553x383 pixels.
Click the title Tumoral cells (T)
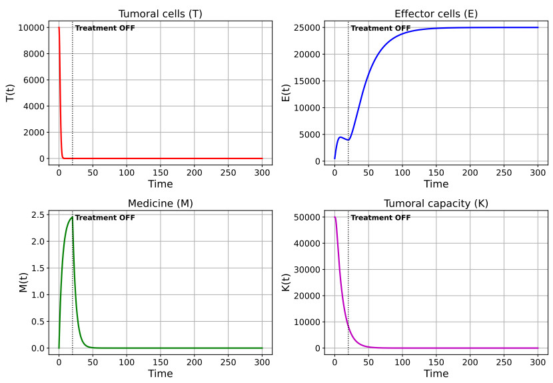(161, 14)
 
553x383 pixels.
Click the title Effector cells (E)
(436, 14)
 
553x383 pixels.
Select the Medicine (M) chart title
(161, 204)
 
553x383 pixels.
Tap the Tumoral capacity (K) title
(436, 204)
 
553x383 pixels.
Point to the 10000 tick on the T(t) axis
(31, 27)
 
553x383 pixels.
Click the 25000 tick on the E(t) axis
(307, 27)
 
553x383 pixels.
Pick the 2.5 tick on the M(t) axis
(38, 214)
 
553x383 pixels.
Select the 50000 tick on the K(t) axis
(307, 217)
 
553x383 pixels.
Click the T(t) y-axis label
(10, 93)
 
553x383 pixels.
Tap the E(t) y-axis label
(286, 93)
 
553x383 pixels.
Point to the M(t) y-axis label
(23, 282)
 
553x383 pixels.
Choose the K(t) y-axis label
(286, 282)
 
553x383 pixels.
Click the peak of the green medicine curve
(73, 216)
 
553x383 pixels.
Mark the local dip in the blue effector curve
(348, 140)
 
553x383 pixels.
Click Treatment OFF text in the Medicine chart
(105, 218)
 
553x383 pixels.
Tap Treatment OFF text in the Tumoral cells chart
(105, 28)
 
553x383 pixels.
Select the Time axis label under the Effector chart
(436, 184)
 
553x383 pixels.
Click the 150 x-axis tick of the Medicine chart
(161, 362)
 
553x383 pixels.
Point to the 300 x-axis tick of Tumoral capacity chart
(538, 362)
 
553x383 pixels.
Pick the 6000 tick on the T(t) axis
(34, 80)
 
